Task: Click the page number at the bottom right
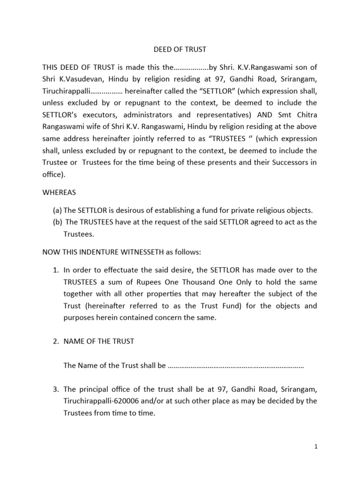pyautogui.click(x=316, y=447)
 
